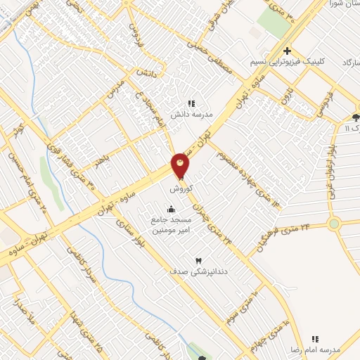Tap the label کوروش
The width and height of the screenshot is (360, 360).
[x=180, y=189]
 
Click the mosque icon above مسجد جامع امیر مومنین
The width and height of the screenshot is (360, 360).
[x=171, y=208]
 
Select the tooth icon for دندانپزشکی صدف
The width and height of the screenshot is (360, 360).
[x=198, y=260]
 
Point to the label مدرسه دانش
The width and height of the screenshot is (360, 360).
[x=204, y=112]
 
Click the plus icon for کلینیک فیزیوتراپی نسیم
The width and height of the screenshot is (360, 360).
[x=287, y=51]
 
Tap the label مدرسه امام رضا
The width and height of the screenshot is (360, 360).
[x=314, y=349]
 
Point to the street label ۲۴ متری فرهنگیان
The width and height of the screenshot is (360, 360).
[x=284, y=236]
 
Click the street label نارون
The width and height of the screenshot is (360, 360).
[x=285, y=94]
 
